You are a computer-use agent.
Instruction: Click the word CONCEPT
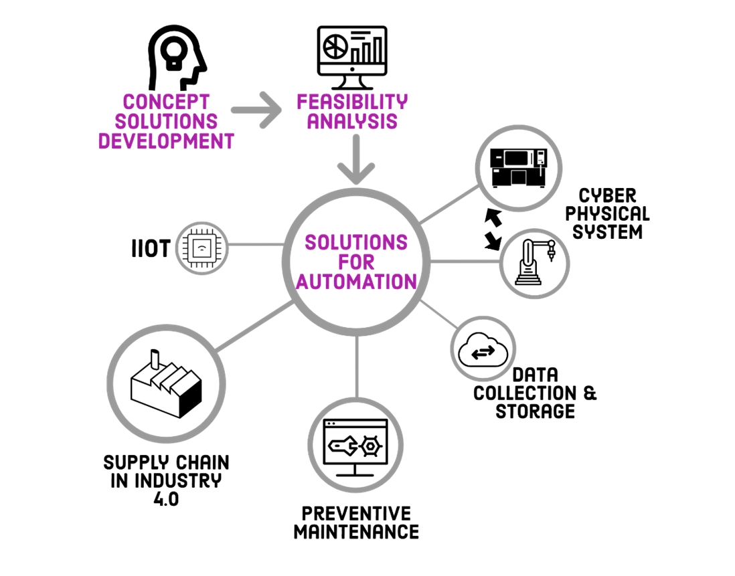coord(166,102)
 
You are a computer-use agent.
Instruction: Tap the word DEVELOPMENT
coord(166,141)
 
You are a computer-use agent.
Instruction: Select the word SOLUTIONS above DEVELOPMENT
coord(166,122)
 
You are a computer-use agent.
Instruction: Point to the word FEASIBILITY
coord(352,102)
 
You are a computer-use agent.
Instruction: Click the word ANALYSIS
coord(352,122)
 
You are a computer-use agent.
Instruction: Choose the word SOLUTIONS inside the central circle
coord(356,242)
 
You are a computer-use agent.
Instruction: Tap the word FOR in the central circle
coord(356,262)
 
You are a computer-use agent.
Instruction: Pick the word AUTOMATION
coord(356,282)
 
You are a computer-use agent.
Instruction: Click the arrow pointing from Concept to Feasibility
coord(258,109)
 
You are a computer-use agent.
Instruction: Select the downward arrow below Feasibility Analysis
coord(356,161)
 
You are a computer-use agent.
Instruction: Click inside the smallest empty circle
coord(201,248)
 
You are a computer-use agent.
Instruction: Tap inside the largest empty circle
coord(166,383)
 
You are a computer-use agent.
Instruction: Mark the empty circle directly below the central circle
coord(355,445)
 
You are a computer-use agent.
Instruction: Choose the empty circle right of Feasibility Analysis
coord(519,169)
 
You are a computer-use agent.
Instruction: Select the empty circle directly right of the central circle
coord(534,263)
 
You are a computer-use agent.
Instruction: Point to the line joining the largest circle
coord(254,326)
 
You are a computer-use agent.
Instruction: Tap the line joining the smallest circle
coord(255,245)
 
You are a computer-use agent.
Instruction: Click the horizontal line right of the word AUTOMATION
coord(465,261)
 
